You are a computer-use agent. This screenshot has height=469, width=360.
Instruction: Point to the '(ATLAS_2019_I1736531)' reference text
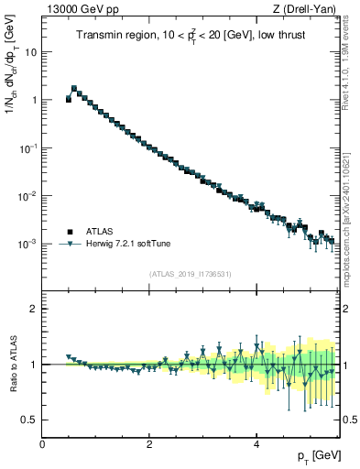(191, 274)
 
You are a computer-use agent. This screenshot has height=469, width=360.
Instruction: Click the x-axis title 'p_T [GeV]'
(319, 455)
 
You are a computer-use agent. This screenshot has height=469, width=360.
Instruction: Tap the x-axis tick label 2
(149, 444)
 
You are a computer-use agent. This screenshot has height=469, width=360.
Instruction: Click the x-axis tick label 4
(256, 444)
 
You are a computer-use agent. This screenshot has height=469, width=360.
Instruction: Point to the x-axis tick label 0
(43, 444)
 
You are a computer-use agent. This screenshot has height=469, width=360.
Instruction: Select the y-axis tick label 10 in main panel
(30, 51)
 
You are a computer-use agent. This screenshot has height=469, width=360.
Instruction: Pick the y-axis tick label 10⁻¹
(27, 147)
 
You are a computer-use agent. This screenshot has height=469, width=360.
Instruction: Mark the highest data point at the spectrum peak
(74, 90)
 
